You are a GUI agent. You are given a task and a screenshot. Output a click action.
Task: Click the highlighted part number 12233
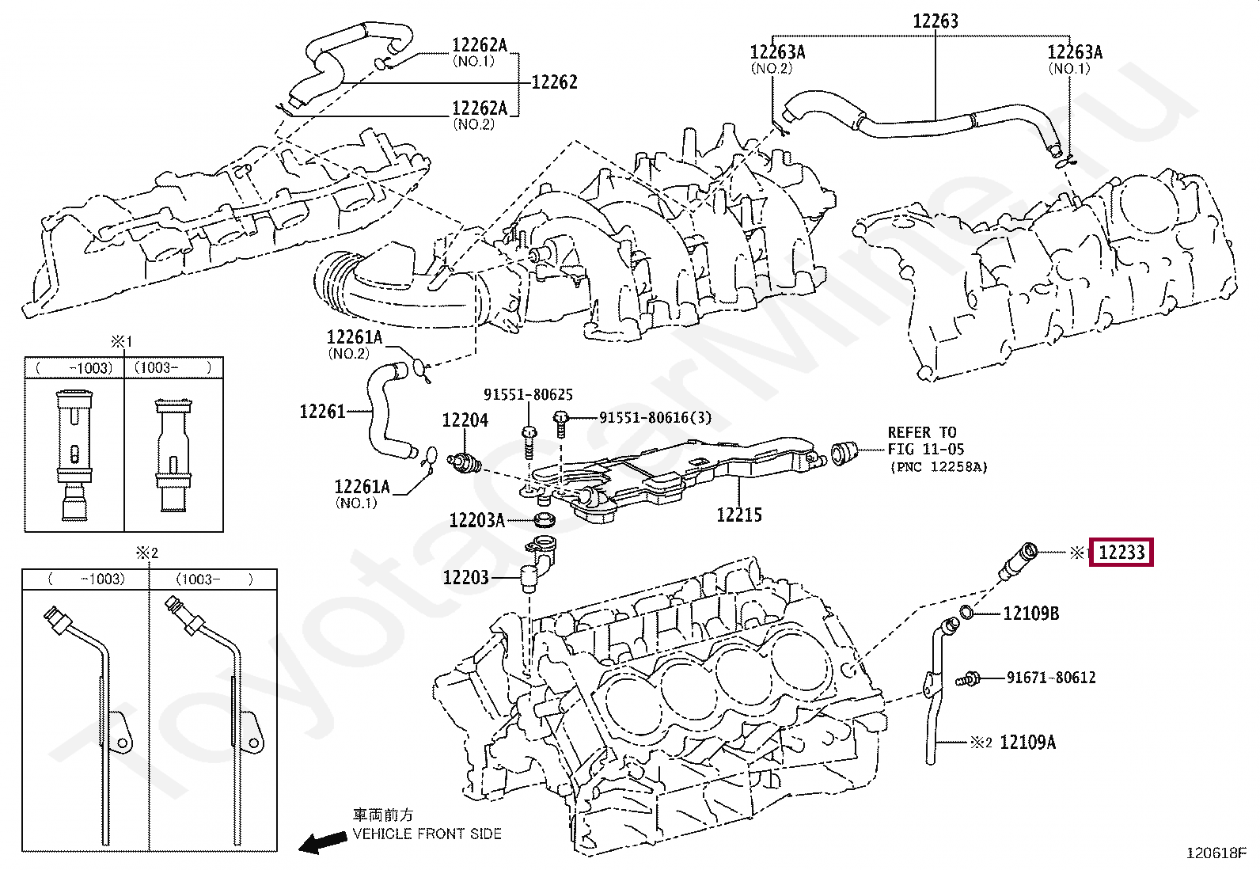coord(1122,553)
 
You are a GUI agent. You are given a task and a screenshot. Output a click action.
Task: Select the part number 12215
coord(739,515)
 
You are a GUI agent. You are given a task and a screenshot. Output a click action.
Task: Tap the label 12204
coord(465,420)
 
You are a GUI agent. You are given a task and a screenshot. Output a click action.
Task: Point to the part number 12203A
coord(476,520)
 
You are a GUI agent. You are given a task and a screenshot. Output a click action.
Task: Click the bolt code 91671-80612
coord(1051,678)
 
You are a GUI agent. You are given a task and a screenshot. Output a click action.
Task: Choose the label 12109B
coord(1030,613)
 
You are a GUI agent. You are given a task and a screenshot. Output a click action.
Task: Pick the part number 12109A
coord(1027,742)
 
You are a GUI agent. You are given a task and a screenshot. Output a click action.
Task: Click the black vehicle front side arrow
coord(320,843)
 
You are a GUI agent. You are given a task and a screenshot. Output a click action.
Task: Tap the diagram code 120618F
coord(1216,853)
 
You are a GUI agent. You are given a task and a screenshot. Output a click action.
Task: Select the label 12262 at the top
coord(554,82)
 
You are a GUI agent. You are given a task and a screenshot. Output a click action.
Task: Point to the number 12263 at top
coord(936,21)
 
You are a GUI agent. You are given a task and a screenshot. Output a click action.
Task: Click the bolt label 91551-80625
coord(528,394)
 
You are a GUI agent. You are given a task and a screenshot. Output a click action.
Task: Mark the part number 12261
coord(323,412)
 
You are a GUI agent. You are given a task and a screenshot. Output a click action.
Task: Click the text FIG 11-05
coord(926,450)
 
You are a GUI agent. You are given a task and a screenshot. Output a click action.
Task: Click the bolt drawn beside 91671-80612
coord(972,678)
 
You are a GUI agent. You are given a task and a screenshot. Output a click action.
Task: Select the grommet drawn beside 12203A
coord(544,520)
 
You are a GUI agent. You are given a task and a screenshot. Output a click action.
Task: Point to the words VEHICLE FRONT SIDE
coord(427,834)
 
